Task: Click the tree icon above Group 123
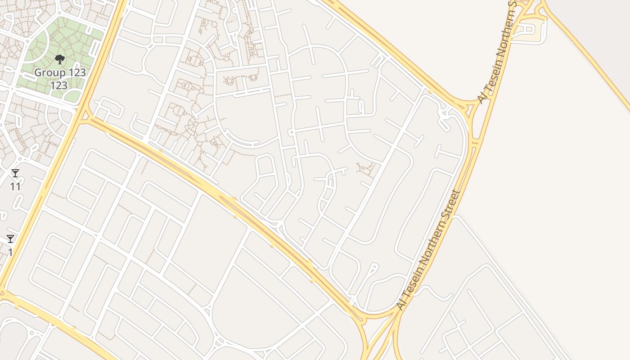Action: point(59,59)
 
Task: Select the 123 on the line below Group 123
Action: point(59,85)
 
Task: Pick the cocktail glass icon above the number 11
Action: point(15,173)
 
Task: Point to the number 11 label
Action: point(15,186)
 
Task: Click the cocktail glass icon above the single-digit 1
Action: point(10,239)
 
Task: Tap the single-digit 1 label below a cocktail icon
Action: point(10,252)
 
